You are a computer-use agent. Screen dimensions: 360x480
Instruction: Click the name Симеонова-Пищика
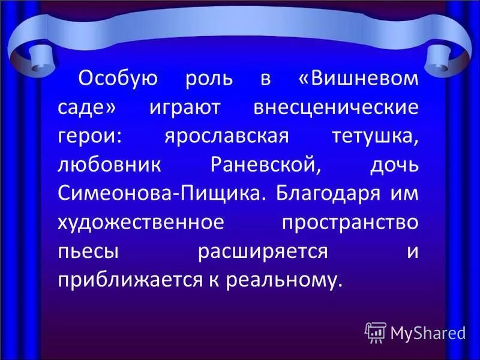click(161, 194)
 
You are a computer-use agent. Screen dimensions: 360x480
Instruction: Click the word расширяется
click(263, 252)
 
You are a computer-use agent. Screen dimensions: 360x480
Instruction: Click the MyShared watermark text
click(428, 332)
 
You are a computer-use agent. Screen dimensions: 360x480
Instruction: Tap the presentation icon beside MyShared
click(376, 332)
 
